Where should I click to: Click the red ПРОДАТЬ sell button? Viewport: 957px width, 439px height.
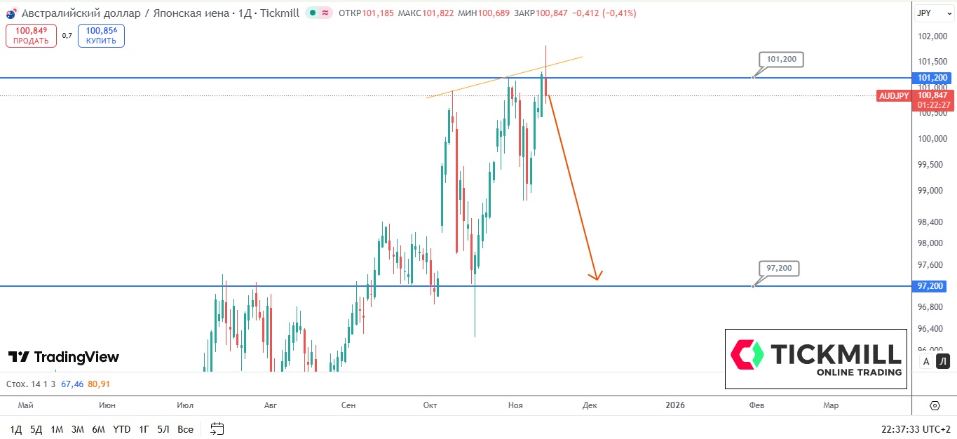[31, 36]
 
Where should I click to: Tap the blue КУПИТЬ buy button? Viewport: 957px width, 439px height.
[101, 36]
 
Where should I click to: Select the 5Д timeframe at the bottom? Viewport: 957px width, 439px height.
[36, 429]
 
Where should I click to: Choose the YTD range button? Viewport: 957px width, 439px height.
[122, 429]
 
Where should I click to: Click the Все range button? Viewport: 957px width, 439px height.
[185, 429]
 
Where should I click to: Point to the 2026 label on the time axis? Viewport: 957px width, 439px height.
[675, 405]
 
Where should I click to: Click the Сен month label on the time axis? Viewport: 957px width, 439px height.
[348, 405]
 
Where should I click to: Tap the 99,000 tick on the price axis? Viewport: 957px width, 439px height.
[930, 191]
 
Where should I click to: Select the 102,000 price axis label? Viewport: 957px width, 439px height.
[930, 36]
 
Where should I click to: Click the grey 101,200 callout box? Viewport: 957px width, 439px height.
[781, 60]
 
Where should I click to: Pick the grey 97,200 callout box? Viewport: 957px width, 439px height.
[779, 268]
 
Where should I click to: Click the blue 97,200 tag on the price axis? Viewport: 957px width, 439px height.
[930, 286]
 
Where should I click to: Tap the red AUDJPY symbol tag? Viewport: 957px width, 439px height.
[893, 96]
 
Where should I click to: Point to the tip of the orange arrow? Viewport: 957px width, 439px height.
[596, 279]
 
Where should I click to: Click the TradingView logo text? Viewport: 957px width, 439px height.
[64, 357]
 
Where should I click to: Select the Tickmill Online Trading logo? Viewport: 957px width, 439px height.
[816, 358]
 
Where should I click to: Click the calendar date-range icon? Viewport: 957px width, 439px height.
[217, 429]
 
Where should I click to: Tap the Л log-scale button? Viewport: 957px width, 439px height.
[943, 362]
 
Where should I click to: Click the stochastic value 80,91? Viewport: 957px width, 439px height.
[100, 384]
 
